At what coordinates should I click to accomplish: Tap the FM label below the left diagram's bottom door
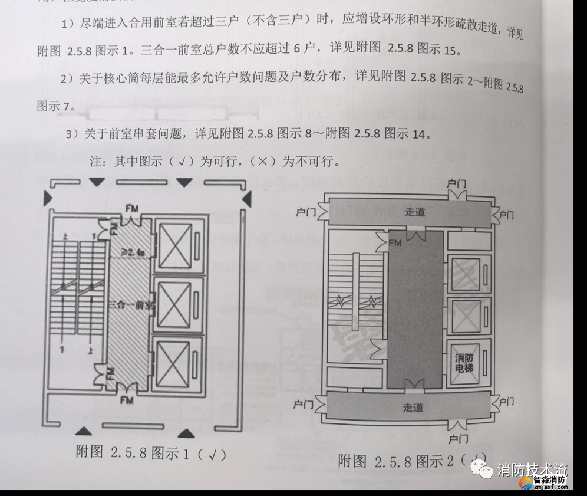tap(127, 401)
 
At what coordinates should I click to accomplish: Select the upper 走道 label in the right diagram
tap(414, 212)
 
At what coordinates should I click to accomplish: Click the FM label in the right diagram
tap(395, 242)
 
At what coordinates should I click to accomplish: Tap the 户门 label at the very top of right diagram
tap(456, 184)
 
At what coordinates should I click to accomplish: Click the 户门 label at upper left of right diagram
tap(305, 211)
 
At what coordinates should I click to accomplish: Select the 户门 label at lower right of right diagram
tap(506, 402)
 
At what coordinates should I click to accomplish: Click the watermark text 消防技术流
tap(532, 470)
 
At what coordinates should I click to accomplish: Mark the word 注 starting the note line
tap(95, 161)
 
